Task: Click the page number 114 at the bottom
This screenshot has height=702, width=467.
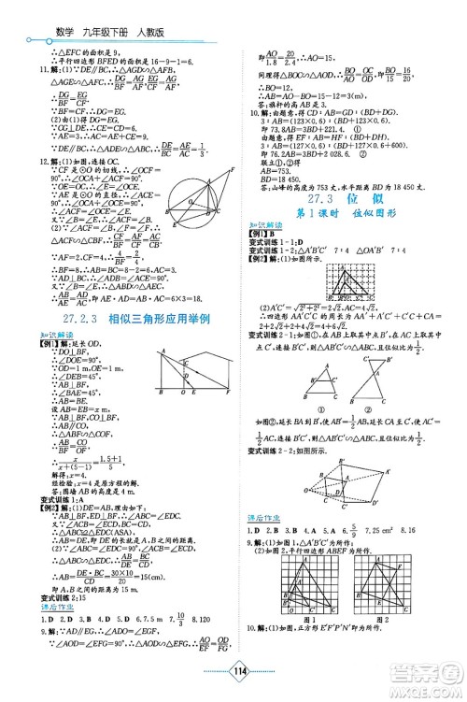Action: pyautogui.click(x=233, y=670)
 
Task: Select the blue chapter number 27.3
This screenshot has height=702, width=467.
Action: pyautogui.click(x=315, y=227)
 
